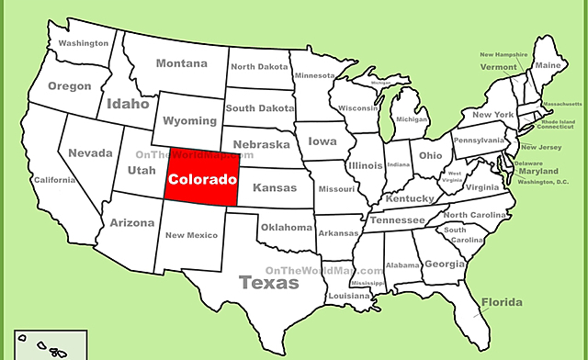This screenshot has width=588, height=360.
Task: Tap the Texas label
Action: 269,283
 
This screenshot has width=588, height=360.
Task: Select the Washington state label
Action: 84,43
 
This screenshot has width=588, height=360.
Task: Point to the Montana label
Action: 181,63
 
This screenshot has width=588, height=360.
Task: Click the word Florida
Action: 501,302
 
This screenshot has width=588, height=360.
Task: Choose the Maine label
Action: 548,65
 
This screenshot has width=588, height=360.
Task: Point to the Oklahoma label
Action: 286,227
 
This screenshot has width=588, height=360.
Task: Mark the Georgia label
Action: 444,264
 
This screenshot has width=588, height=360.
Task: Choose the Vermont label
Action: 499,67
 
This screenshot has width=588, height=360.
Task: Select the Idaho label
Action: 128,104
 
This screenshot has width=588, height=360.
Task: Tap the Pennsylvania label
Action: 479,141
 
